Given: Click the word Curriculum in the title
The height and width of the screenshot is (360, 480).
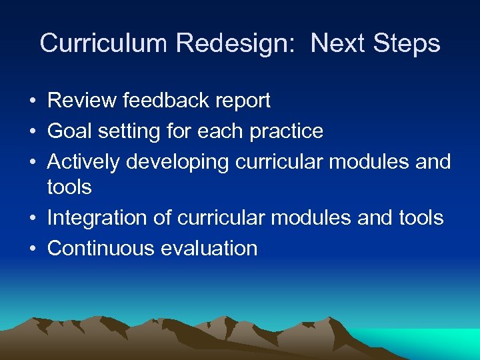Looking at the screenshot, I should pyautogui.click(x=103, y=43).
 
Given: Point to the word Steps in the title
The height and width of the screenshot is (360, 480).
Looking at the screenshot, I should pyautogui.click(x=407, y=43).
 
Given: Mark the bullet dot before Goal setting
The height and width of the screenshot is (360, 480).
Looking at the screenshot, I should pyautogui.click(x=32, y=132).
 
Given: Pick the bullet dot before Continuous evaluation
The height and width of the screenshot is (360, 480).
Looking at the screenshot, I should pyautogui.click(x=32, y=249).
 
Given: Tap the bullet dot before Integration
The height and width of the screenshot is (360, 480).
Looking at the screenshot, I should pyautogui.click(x=32, y=219).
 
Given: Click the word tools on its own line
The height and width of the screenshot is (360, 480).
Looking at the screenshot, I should pyautogui.click(x=69, y=187).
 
